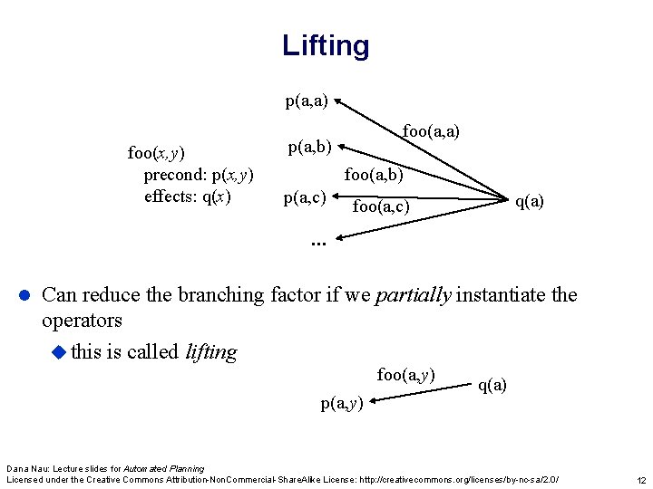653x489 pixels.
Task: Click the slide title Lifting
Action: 326,45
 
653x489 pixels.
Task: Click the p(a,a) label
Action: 307,101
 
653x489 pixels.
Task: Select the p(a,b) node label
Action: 309,145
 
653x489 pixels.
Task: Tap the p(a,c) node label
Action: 305,197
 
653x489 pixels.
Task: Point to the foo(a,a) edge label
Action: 431,132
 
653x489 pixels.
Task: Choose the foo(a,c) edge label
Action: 381,207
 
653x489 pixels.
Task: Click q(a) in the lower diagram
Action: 492,385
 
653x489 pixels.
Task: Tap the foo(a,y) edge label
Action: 405,374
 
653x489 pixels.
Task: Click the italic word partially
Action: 414,294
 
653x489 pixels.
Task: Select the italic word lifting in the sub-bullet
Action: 210,352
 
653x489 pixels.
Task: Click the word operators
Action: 82,321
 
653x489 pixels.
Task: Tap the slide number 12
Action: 640,479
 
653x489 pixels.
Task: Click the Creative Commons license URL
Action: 464,478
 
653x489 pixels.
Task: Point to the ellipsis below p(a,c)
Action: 317,242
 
